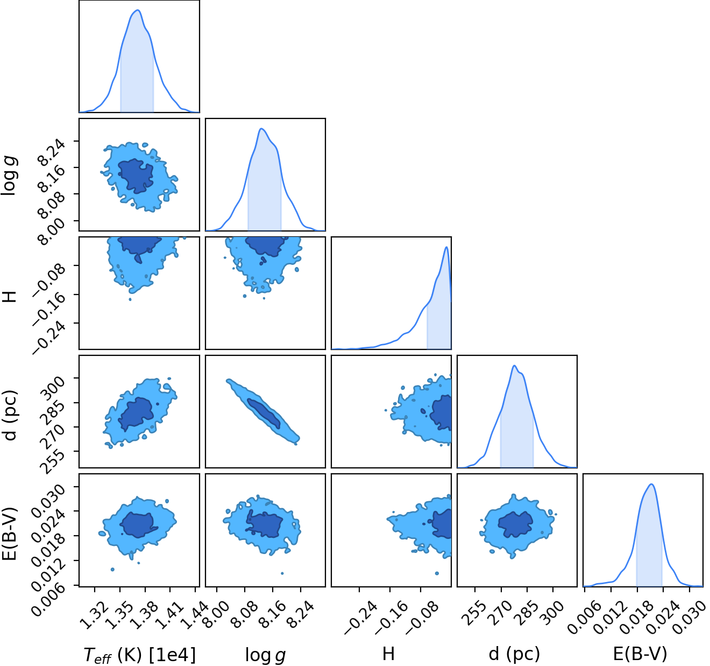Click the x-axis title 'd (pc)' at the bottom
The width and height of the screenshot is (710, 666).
tap(514, 654)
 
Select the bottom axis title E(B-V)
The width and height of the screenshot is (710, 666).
tap(640, 654)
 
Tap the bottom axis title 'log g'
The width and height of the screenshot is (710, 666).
tap(265, 655)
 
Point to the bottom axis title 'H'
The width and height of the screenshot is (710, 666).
tap(388, 654)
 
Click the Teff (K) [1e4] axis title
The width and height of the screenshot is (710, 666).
tap(140, 655)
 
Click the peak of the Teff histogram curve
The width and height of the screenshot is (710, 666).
tap(138, 10)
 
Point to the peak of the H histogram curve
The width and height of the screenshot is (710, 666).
tap(446, 247)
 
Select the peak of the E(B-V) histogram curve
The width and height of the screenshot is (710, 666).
tap(651, 484)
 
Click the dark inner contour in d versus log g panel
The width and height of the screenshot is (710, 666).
tap(264, 413)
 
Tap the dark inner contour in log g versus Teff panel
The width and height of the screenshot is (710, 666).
tap(136, 176)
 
